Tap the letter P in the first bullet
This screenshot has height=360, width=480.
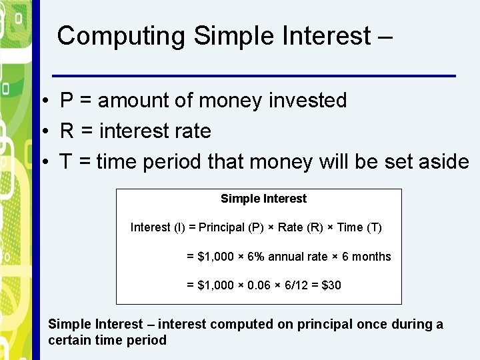[x=67, y=101]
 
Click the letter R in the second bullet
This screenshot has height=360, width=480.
[x=67, y=131]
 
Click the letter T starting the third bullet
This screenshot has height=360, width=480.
[x=66, y=162]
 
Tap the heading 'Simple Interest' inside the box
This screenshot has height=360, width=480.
[x=263, y=199]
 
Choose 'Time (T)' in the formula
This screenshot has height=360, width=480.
[x=359, y=227]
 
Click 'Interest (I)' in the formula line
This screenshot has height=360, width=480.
[x=158, y=227]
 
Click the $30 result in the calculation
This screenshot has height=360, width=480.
[x=331, y=285]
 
